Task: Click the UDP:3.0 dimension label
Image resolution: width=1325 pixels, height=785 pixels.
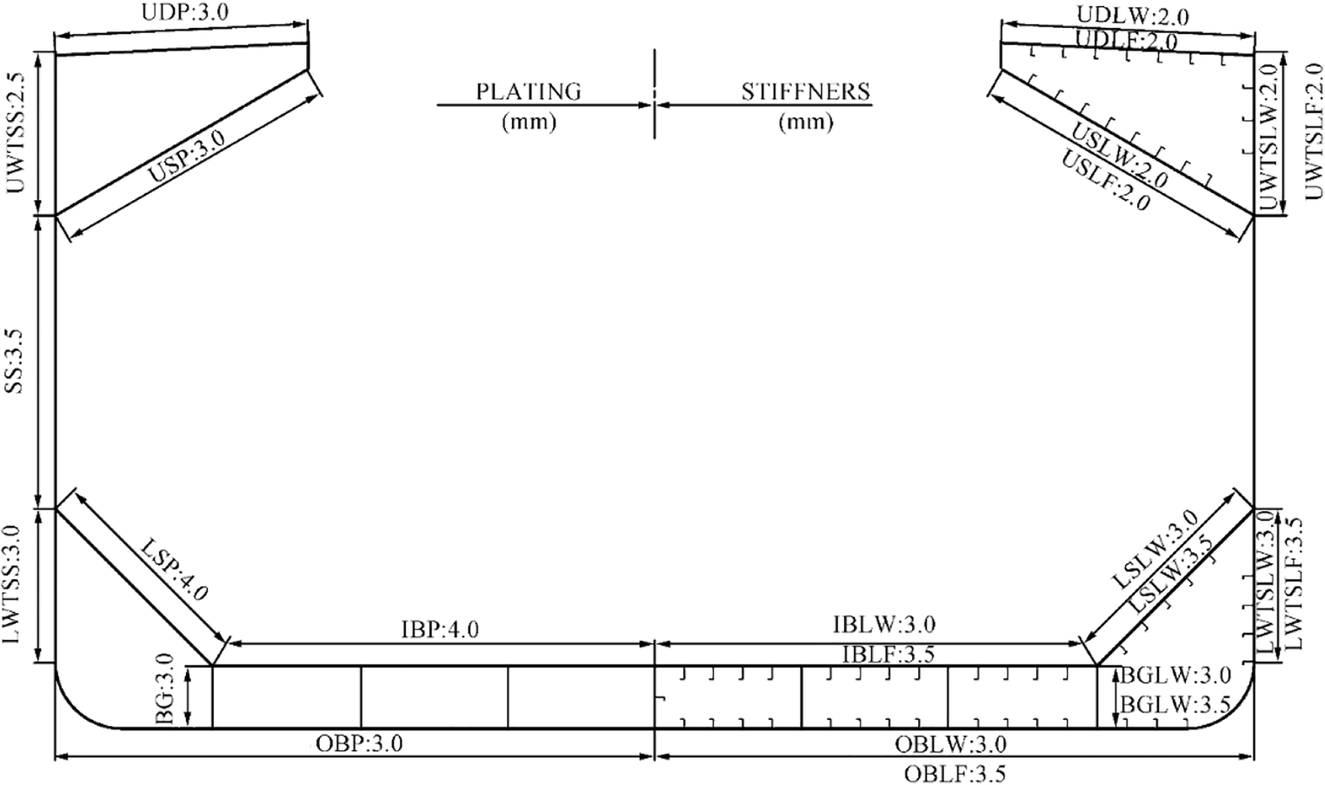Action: coord(185,12)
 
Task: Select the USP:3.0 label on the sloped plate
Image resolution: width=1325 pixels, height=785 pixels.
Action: coord(187,157)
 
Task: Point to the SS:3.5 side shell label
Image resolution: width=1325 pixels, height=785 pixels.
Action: coord(16,361)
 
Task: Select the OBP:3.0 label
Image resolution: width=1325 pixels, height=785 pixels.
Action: coord(359,743)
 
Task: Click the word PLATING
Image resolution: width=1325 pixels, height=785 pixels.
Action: coord(529,91)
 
